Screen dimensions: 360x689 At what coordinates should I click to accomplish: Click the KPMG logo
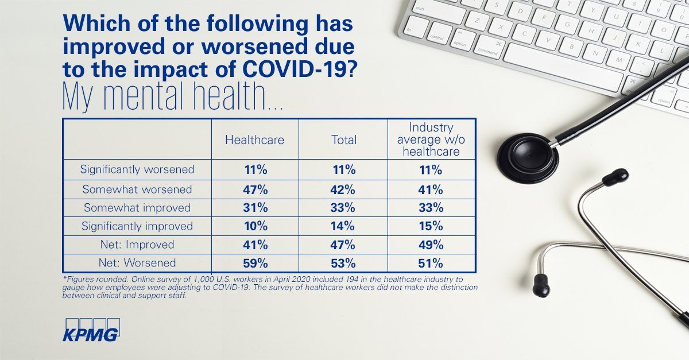point(91,329)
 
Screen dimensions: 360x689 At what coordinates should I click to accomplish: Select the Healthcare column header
point(254,140)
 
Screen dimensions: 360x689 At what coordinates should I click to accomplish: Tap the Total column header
point(344,140)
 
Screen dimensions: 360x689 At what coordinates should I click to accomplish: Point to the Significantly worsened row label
point(137,169)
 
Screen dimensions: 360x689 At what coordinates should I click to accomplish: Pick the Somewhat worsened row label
point(137,189)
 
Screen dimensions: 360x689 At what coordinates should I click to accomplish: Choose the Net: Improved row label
point(137,245)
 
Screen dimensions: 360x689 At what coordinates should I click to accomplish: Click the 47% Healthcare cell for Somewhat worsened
point(254,189)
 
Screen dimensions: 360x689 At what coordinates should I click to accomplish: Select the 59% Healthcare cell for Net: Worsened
point(254,264)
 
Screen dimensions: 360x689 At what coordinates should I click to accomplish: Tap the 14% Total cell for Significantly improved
point(344,226)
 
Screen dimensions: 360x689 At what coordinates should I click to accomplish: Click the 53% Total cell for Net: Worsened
point(344,264)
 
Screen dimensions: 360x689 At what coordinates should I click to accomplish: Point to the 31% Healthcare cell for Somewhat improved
point(254,207)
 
